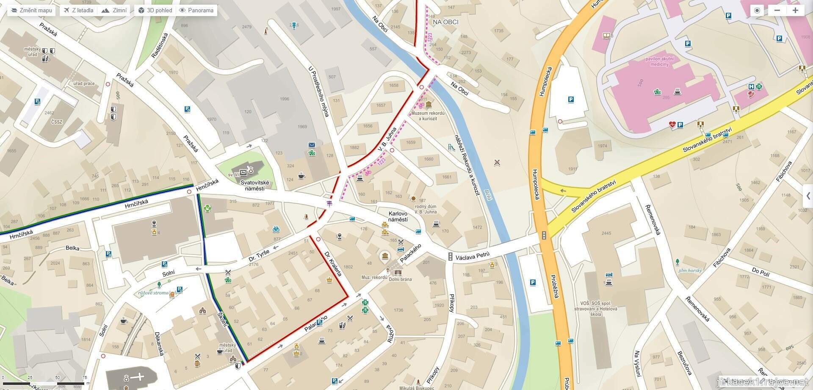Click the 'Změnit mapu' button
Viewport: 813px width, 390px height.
(x=31, y=10)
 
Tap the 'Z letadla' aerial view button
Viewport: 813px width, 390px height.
(x=78, y=10)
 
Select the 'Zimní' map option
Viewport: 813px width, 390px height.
(x=114, y=10)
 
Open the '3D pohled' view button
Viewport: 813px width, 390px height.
(x=155, y=10)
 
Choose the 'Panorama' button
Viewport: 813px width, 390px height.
(x=196, y=10)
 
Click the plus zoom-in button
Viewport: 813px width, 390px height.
(x=795, y=11)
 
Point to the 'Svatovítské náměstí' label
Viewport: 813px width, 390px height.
(x=255, y=185)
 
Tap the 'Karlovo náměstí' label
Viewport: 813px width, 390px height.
(x=398, y=216)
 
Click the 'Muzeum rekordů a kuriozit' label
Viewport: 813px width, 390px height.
(x=428, y=116)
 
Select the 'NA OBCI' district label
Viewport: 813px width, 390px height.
(x=445, y=22)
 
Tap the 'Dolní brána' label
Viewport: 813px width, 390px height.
(x=400, y=279)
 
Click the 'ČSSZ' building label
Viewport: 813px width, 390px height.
(x=56, y=122)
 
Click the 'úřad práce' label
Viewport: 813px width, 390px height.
(x=84, y=84)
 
